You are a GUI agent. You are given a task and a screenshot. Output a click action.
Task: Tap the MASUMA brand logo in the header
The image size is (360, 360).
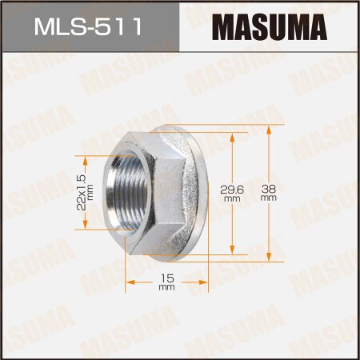(269, 27)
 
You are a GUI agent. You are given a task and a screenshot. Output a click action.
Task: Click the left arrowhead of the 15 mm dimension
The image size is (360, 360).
(128, 282)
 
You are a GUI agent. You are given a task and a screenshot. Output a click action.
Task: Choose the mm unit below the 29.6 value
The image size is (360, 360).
(233, 198)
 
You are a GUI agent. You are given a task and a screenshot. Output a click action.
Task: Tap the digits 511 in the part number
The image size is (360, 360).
(121, 27)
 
